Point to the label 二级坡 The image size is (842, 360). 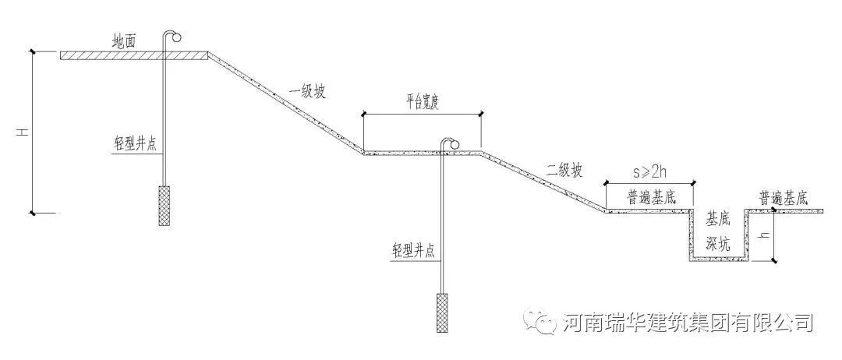click(564, 171)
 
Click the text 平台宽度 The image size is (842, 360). click(422, 104)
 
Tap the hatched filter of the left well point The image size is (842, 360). click(165, 206)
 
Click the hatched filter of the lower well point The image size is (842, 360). click(442, 312)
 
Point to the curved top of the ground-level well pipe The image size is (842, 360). click(172, 35)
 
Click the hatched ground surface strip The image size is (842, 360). click(133, 55)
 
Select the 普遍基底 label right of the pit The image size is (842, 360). click(784, 198)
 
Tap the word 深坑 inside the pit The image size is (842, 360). click(718, 243)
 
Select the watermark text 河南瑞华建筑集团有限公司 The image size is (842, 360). click(687, 322)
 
